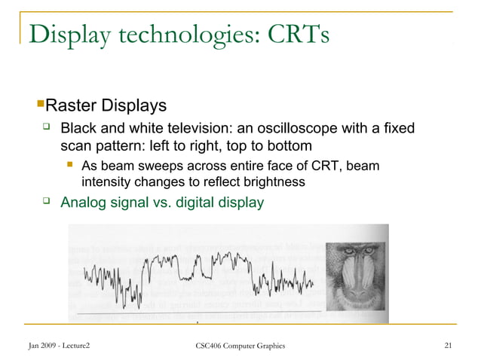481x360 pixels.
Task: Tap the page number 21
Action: pos(449,346)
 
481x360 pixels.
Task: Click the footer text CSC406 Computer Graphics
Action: pos(240,346)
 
